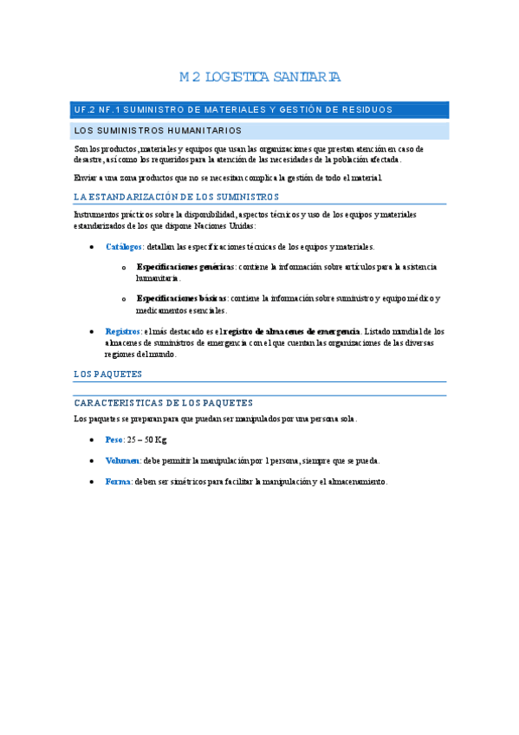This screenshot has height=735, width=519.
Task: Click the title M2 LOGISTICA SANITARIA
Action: point(260,78)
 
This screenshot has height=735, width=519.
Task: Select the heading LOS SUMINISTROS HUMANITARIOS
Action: point(158,131)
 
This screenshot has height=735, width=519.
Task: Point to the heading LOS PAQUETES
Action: point(108,374)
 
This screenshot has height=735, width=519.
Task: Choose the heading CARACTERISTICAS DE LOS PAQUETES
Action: point(164,403)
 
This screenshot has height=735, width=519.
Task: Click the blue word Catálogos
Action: point(125,247)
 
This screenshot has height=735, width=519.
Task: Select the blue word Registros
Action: point(122,331)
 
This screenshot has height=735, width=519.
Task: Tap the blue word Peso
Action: point(114,439)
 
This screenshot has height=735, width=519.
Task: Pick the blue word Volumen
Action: point(122,460)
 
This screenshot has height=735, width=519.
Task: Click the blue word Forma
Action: point(117,481)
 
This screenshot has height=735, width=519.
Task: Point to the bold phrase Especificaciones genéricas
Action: point(185,267)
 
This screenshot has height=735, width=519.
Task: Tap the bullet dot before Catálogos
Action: point(93,248)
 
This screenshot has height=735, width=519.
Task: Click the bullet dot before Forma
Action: point(93,482)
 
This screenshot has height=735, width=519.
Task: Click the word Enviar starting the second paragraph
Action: point(86,178)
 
